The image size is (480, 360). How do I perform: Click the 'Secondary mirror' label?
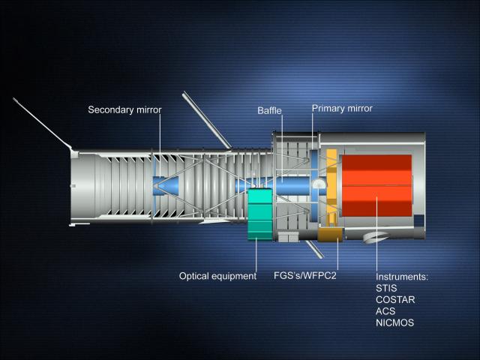[x=124, y=110]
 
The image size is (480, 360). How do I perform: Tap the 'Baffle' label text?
[x=269, y=110]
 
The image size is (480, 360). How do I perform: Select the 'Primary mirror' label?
[x=342, y=108]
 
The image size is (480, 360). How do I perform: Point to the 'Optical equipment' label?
[x=217, y=276]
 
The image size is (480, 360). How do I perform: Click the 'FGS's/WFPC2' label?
[x=305, y=275]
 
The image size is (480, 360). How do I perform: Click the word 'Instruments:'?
[x=402, y=277]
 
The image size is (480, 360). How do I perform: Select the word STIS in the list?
[x=386, y=288]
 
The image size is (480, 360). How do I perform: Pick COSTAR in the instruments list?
[x=395, y=300]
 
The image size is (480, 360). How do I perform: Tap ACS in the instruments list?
[x=385, y=311]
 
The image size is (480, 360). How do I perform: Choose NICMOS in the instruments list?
[x=395, y=322]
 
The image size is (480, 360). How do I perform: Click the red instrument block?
[x=376, y=185]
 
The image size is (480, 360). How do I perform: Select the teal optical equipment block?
[x=260, y=214]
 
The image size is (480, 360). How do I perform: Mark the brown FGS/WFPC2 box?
[x=331, y=235]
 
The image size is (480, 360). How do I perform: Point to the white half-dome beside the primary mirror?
[x=319, y=183]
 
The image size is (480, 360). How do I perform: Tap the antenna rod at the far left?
[x=42, y=123]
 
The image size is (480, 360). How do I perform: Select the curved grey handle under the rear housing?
[x=376, y=237]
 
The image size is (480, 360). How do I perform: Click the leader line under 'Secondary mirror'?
[x=160, y=146]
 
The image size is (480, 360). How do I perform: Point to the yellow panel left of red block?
[x=331, y=187]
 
